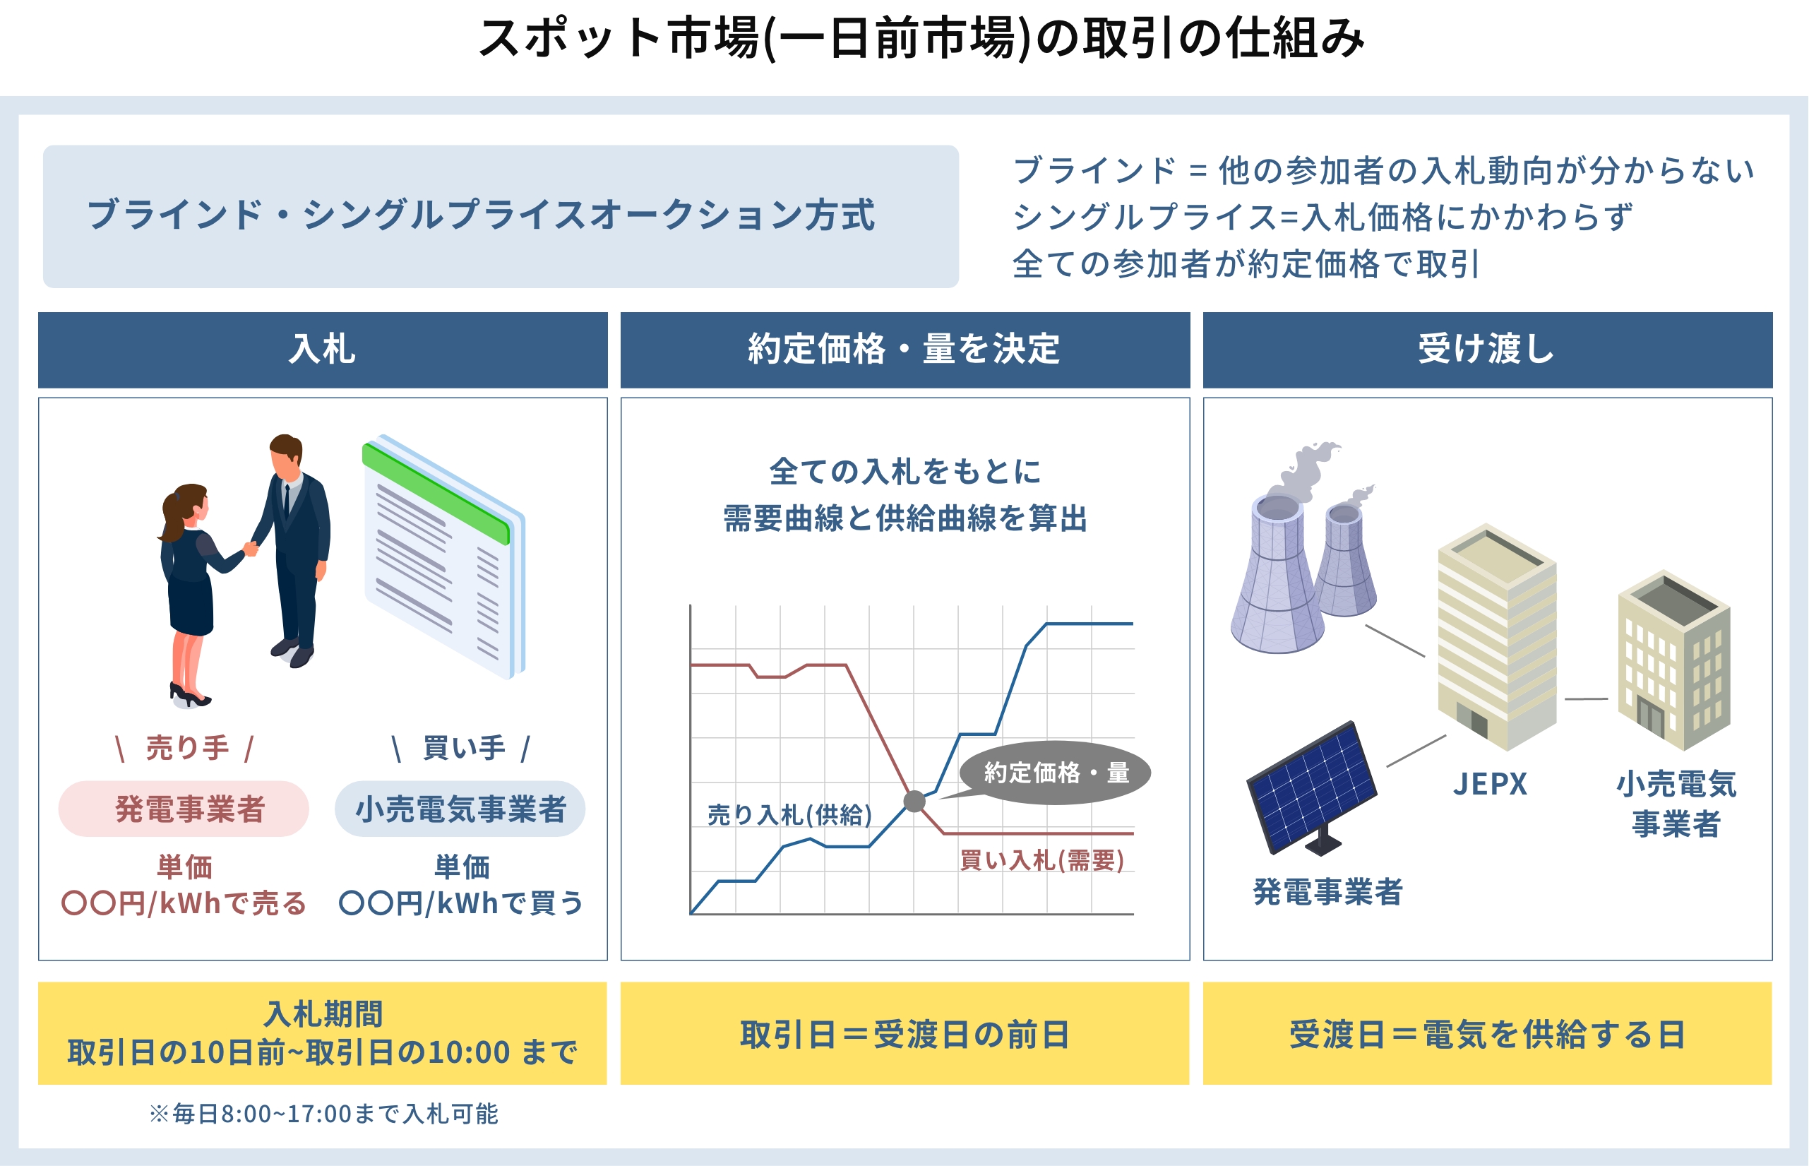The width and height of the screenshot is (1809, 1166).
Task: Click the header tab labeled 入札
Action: coord(323,350)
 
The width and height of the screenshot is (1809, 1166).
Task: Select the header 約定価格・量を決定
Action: coord(904,350)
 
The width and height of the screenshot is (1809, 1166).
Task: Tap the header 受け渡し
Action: coord(1487,350)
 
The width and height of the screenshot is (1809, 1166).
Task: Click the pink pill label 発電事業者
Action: coord(184,809)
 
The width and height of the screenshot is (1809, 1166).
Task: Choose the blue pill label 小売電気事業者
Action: coord(460,809)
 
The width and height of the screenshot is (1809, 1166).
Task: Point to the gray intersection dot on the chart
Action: coord(914,801)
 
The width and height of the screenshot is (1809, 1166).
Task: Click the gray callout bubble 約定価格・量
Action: coord(1056,773)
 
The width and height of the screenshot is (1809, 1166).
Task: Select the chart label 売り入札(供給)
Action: coord(789,815)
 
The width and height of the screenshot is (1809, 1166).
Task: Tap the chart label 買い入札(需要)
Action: coord(1041,860)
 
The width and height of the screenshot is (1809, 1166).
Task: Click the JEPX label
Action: coord(1490,785)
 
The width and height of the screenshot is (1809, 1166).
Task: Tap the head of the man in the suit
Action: coord(286,454)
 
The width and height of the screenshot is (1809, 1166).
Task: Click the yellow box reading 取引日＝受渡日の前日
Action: coord(904,1033)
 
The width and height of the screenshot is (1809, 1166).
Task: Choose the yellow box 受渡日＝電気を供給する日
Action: coord(1487,1033)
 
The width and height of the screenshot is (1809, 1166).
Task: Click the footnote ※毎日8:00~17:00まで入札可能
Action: coord(324,1114)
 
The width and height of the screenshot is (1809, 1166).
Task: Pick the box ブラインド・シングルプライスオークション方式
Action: coord(501,217)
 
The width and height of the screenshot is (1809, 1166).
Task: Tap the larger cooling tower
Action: coord(1277,576)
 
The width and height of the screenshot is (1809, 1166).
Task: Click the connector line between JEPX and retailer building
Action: coord(1587,699)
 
